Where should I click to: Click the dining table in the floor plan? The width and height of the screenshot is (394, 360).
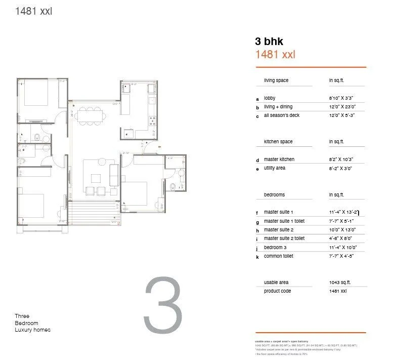click(x=91, y=115)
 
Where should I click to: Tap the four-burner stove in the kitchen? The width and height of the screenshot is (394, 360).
click(x=151, y=121)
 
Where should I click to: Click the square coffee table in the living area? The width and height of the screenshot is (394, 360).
click(x=96, y=178)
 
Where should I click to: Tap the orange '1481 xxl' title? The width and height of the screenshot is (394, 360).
click(x=275, y=55)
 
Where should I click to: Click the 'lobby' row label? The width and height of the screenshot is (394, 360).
click(x=270, y=98)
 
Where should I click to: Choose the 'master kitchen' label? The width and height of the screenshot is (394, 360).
click(x=279, y=159)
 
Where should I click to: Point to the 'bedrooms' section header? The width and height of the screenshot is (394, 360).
click(x=274, y=194)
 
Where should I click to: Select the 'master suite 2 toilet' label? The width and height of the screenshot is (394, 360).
click(x=284, y=238)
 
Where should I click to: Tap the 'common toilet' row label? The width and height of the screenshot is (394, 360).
click(x=278, y=256)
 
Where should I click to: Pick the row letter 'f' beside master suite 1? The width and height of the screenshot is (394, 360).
click(x=257, y=214)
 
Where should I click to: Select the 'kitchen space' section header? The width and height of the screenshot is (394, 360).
click(x=278, y=142)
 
